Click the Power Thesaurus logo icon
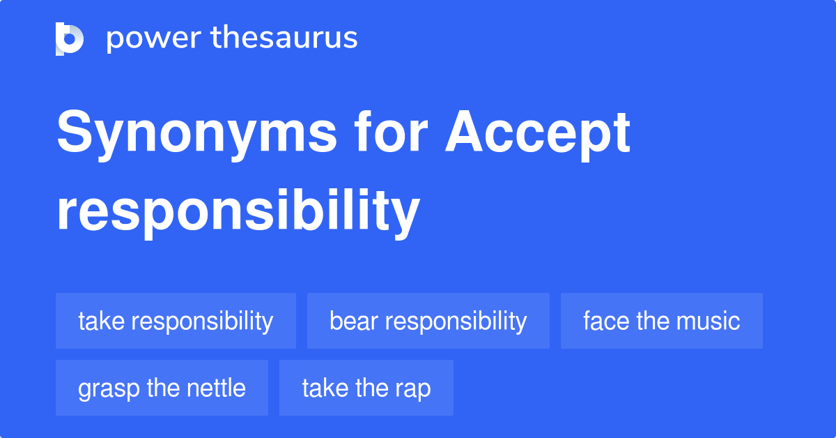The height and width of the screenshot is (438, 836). (70, 38)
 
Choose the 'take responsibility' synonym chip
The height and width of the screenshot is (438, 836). (176, 321)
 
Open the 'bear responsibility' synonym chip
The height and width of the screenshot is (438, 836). (428, 321)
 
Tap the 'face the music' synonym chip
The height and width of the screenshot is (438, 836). (661, 321)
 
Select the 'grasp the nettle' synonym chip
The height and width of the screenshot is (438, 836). (162, 388)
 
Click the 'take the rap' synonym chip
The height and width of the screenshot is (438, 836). (366, 388)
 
